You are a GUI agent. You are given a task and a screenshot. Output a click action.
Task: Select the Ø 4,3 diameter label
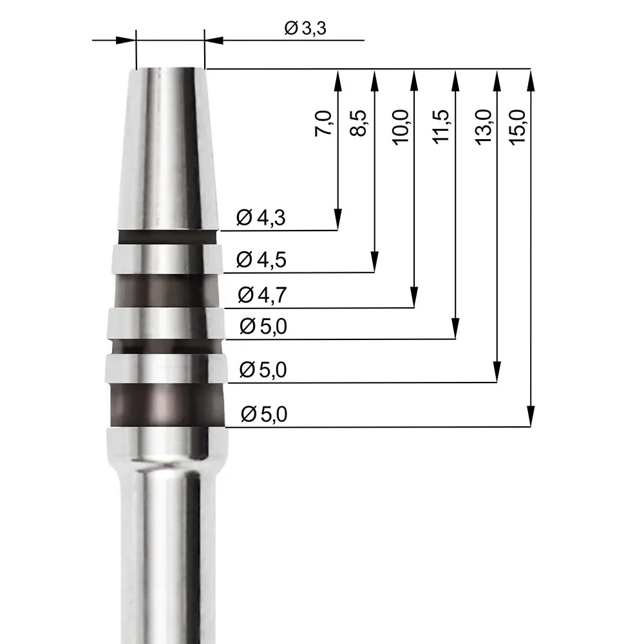pyautogui.click(x=260, y=218)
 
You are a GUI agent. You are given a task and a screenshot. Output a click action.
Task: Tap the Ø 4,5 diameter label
pyautogui.click(x=261, y=260)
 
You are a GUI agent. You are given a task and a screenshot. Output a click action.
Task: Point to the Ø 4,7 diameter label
pyautogui.click(x=261, y=295)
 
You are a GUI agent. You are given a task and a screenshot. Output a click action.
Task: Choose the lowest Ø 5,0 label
pyautogui.click(x=263, y=415)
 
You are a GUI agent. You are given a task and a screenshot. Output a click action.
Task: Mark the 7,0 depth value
pyautogui.click(x=325, y=123)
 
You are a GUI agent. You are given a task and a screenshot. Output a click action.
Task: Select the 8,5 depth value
pyautogui.click(x=360, y=123)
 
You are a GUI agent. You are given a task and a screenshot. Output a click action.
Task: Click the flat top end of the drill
pyautogui.click(x=166, y=68)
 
